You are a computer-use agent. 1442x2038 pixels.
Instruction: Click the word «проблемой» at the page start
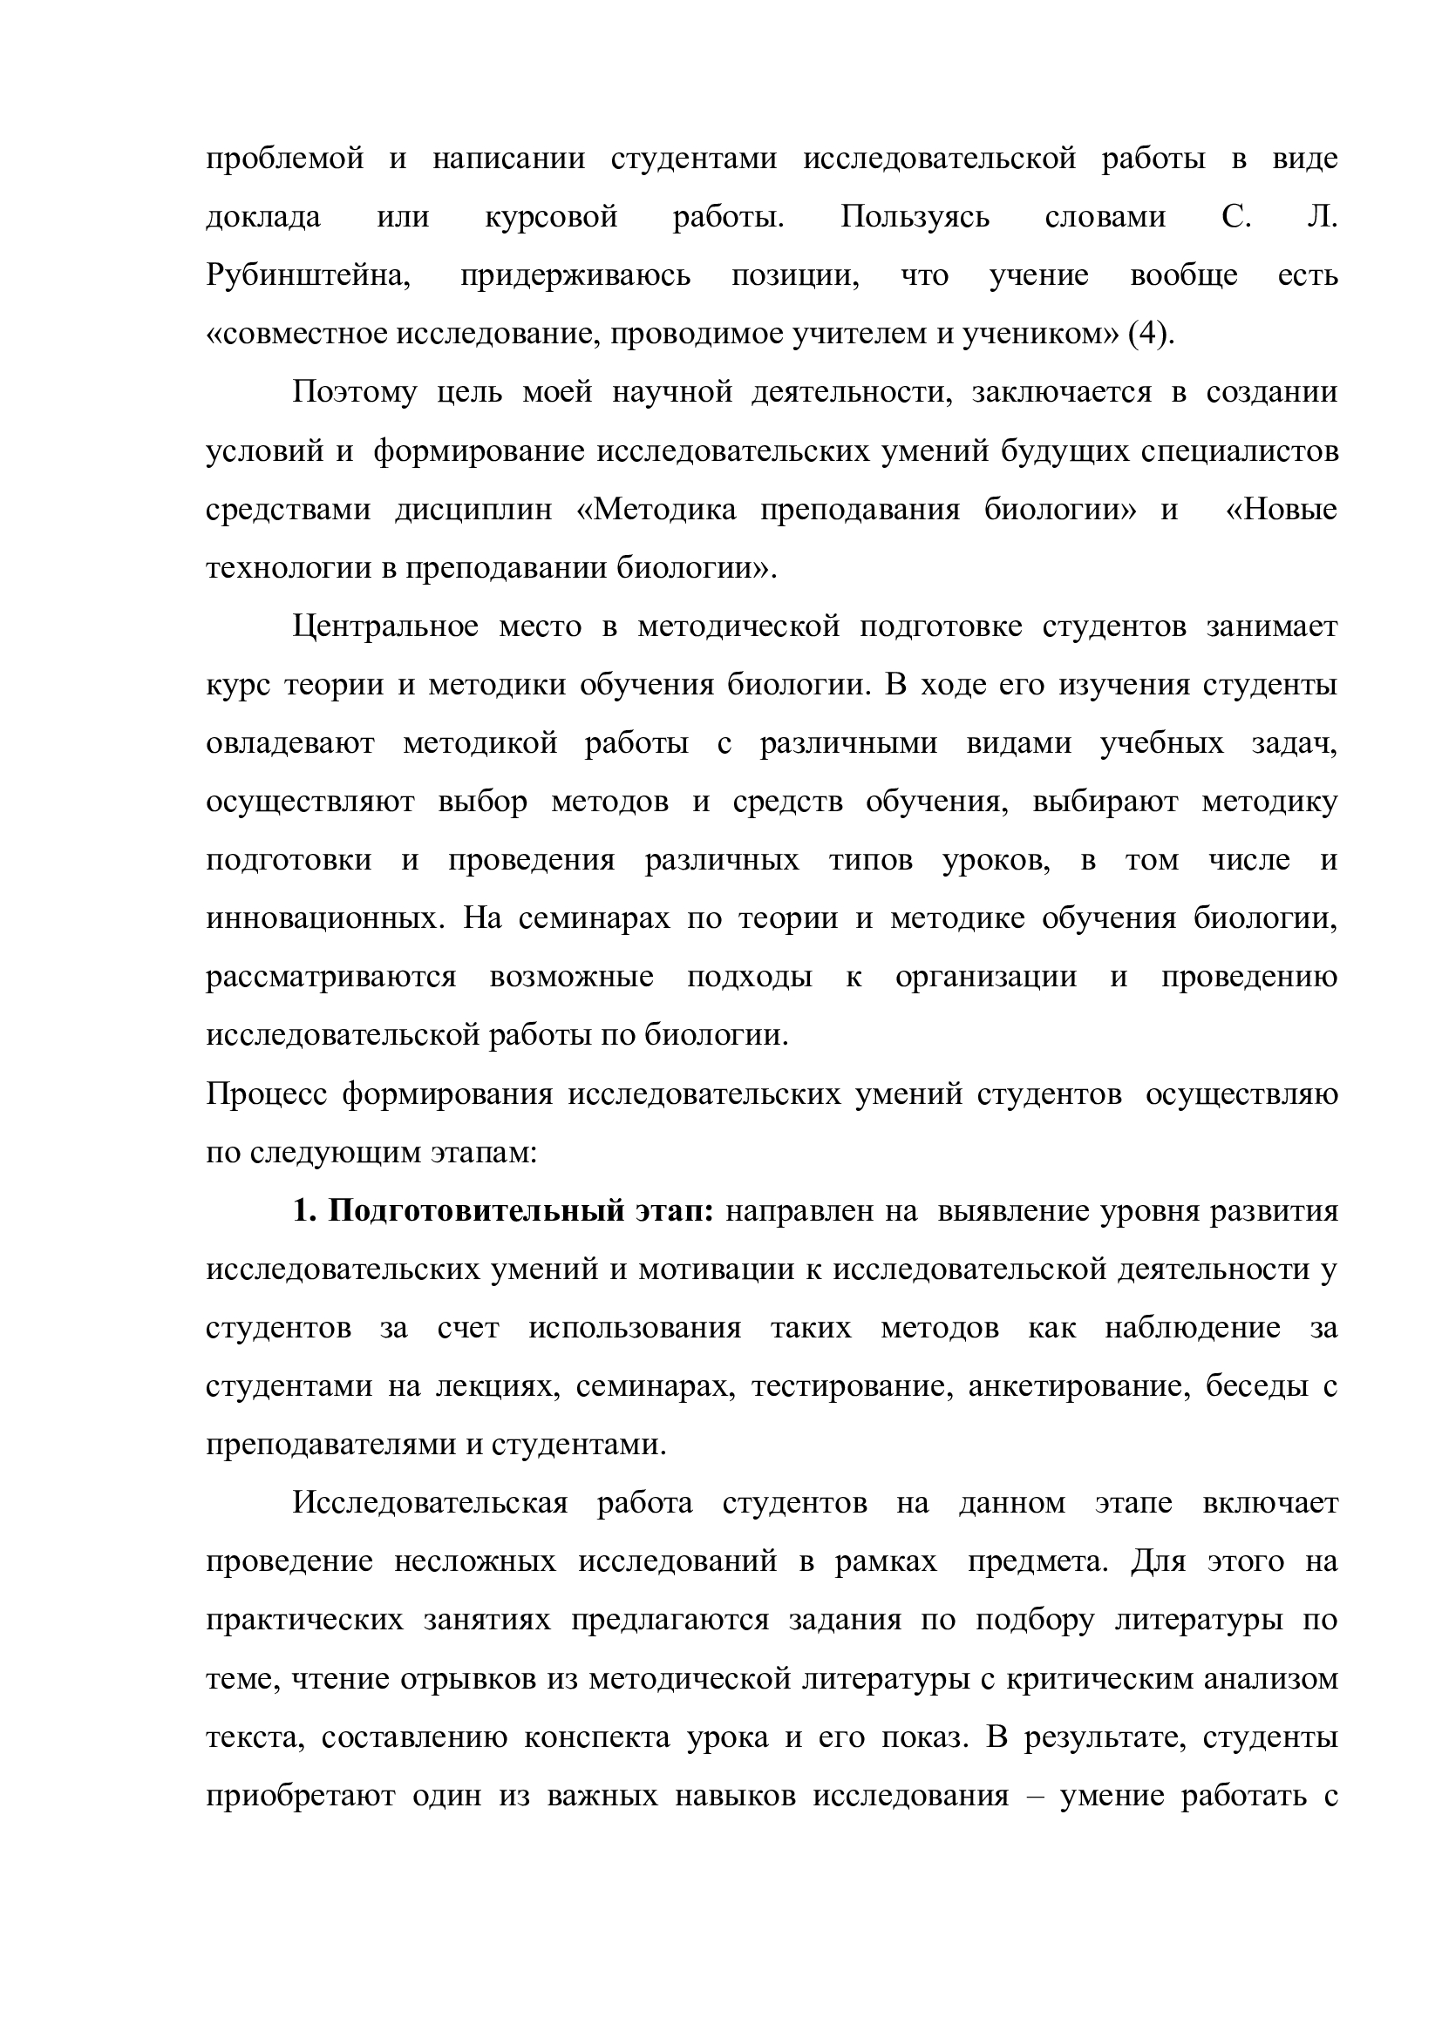(x=285, y=159)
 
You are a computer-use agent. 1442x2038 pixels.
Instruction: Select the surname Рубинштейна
(x=308, y=276)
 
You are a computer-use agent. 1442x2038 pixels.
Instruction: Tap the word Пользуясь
(x=915, y=218)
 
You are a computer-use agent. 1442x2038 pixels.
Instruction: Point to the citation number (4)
(x=1149, y=335)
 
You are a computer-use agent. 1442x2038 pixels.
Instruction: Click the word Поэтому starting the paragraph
(x=354, y=392)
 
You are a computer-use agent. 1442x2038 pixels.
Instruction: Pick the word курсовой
(x=551, y=218)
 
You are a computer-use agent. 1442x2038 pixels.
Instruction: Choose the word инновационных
(x=324, y=918)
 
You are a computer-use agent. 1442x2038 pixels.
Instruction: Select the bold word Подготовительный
(x=477, y=1212)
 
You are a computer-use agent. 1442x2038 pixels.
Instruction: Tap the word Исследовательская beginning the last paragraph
(x=430, y=1504)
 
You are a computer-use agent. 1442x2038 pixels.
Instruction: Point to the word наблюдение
(x=1193, y=1328)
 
